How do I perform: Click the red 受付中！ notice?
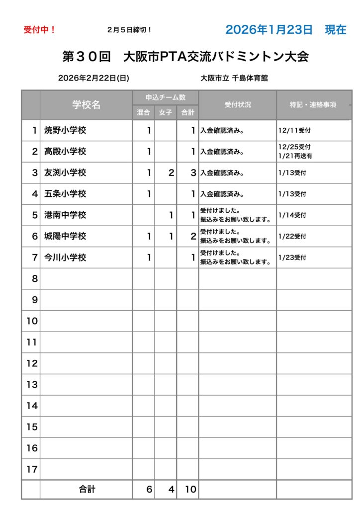click(39, 30)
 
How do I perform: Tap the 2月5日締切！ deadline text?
click(129, 30)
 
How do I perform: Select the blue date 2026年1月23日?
click(269, 29)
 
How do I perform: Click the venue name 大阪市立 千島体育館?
click(234, 78)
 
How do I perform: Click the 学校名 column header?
click(86, 105)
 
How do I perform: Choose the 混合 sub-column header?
click(143, 113)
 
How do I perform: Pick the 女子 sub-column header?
click(166, 113)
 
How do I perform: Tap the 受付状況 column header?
click(238, 105)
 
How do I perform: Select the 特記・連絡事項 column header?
click(313, 105)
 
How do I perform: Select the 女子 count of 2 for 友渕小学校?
click(171, 173)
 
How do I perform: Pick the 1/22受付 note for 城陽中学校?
click(292, 237)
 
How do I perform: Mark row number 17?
click(32, 469)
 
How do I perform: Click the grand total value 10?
click(190, 490)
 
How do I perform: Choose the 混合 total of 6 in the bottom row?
click(149, 490)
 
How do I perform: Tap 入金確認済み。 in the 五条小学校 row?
click(222, 194)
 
